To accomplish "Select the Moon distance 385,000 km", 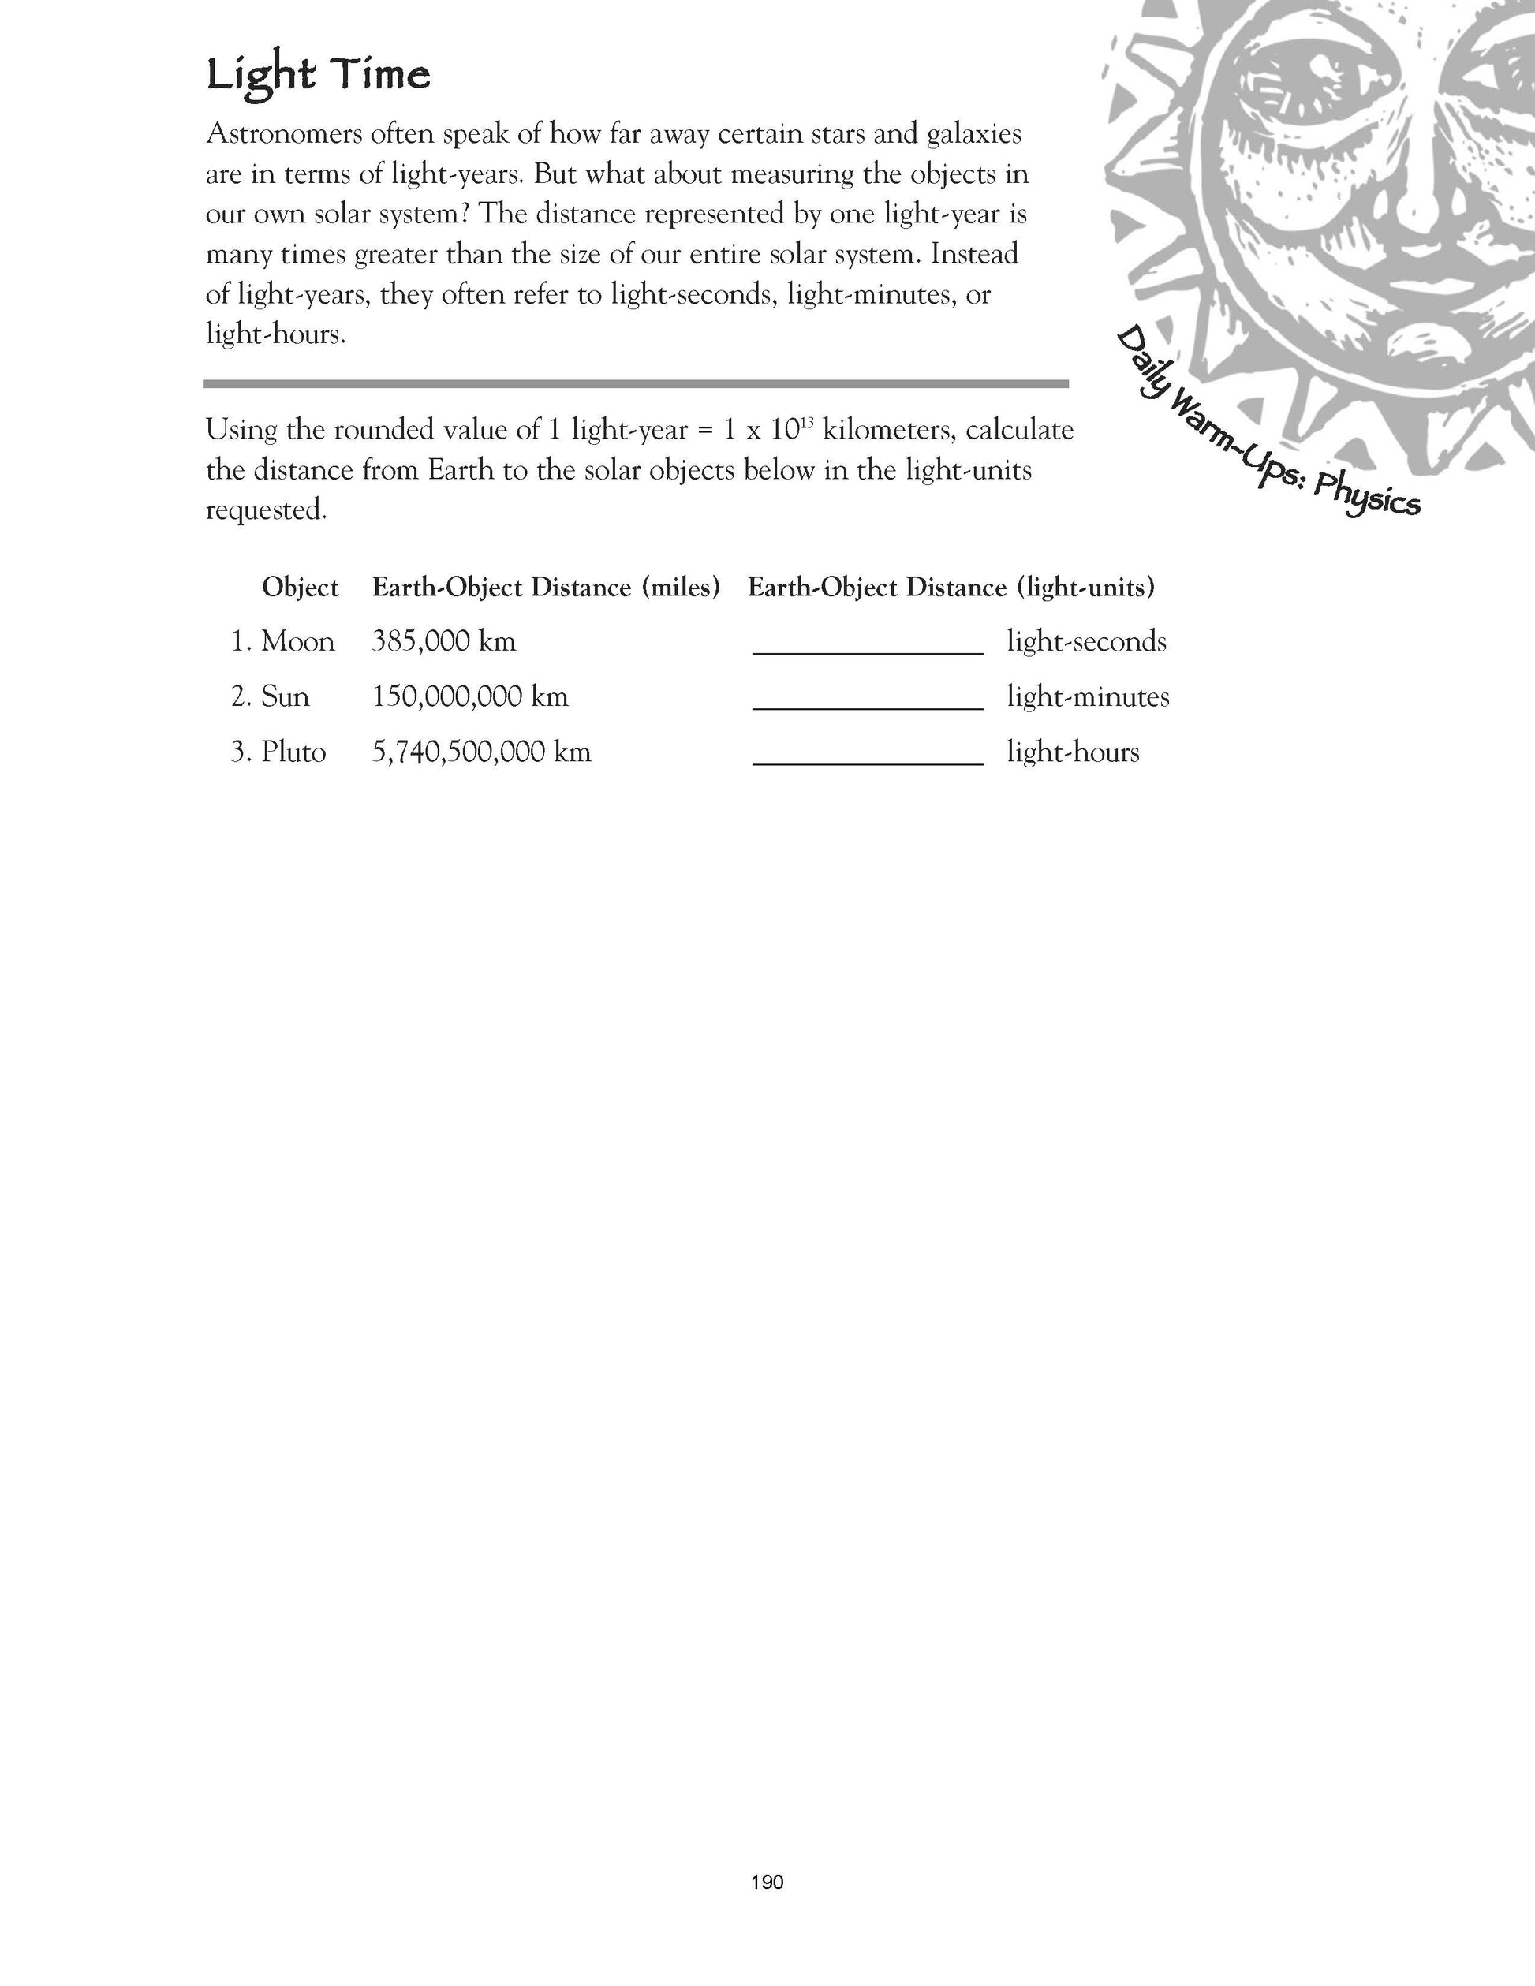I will coord(444,642).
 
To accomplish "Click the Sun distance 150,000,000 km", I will coord(470,697).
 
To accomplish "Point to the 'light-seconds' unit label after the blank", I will coord(1085,642).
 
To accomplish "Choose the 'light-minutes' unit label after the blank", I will coord(1088,697).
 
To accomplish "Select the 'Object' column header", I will coord(300,588).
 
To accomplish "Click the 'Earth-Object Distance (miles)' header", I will coord(546,588).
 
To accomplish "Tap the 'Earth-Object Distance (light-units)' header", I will coord(951,588).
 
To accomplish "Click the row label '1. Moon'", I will coord(282,642).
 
